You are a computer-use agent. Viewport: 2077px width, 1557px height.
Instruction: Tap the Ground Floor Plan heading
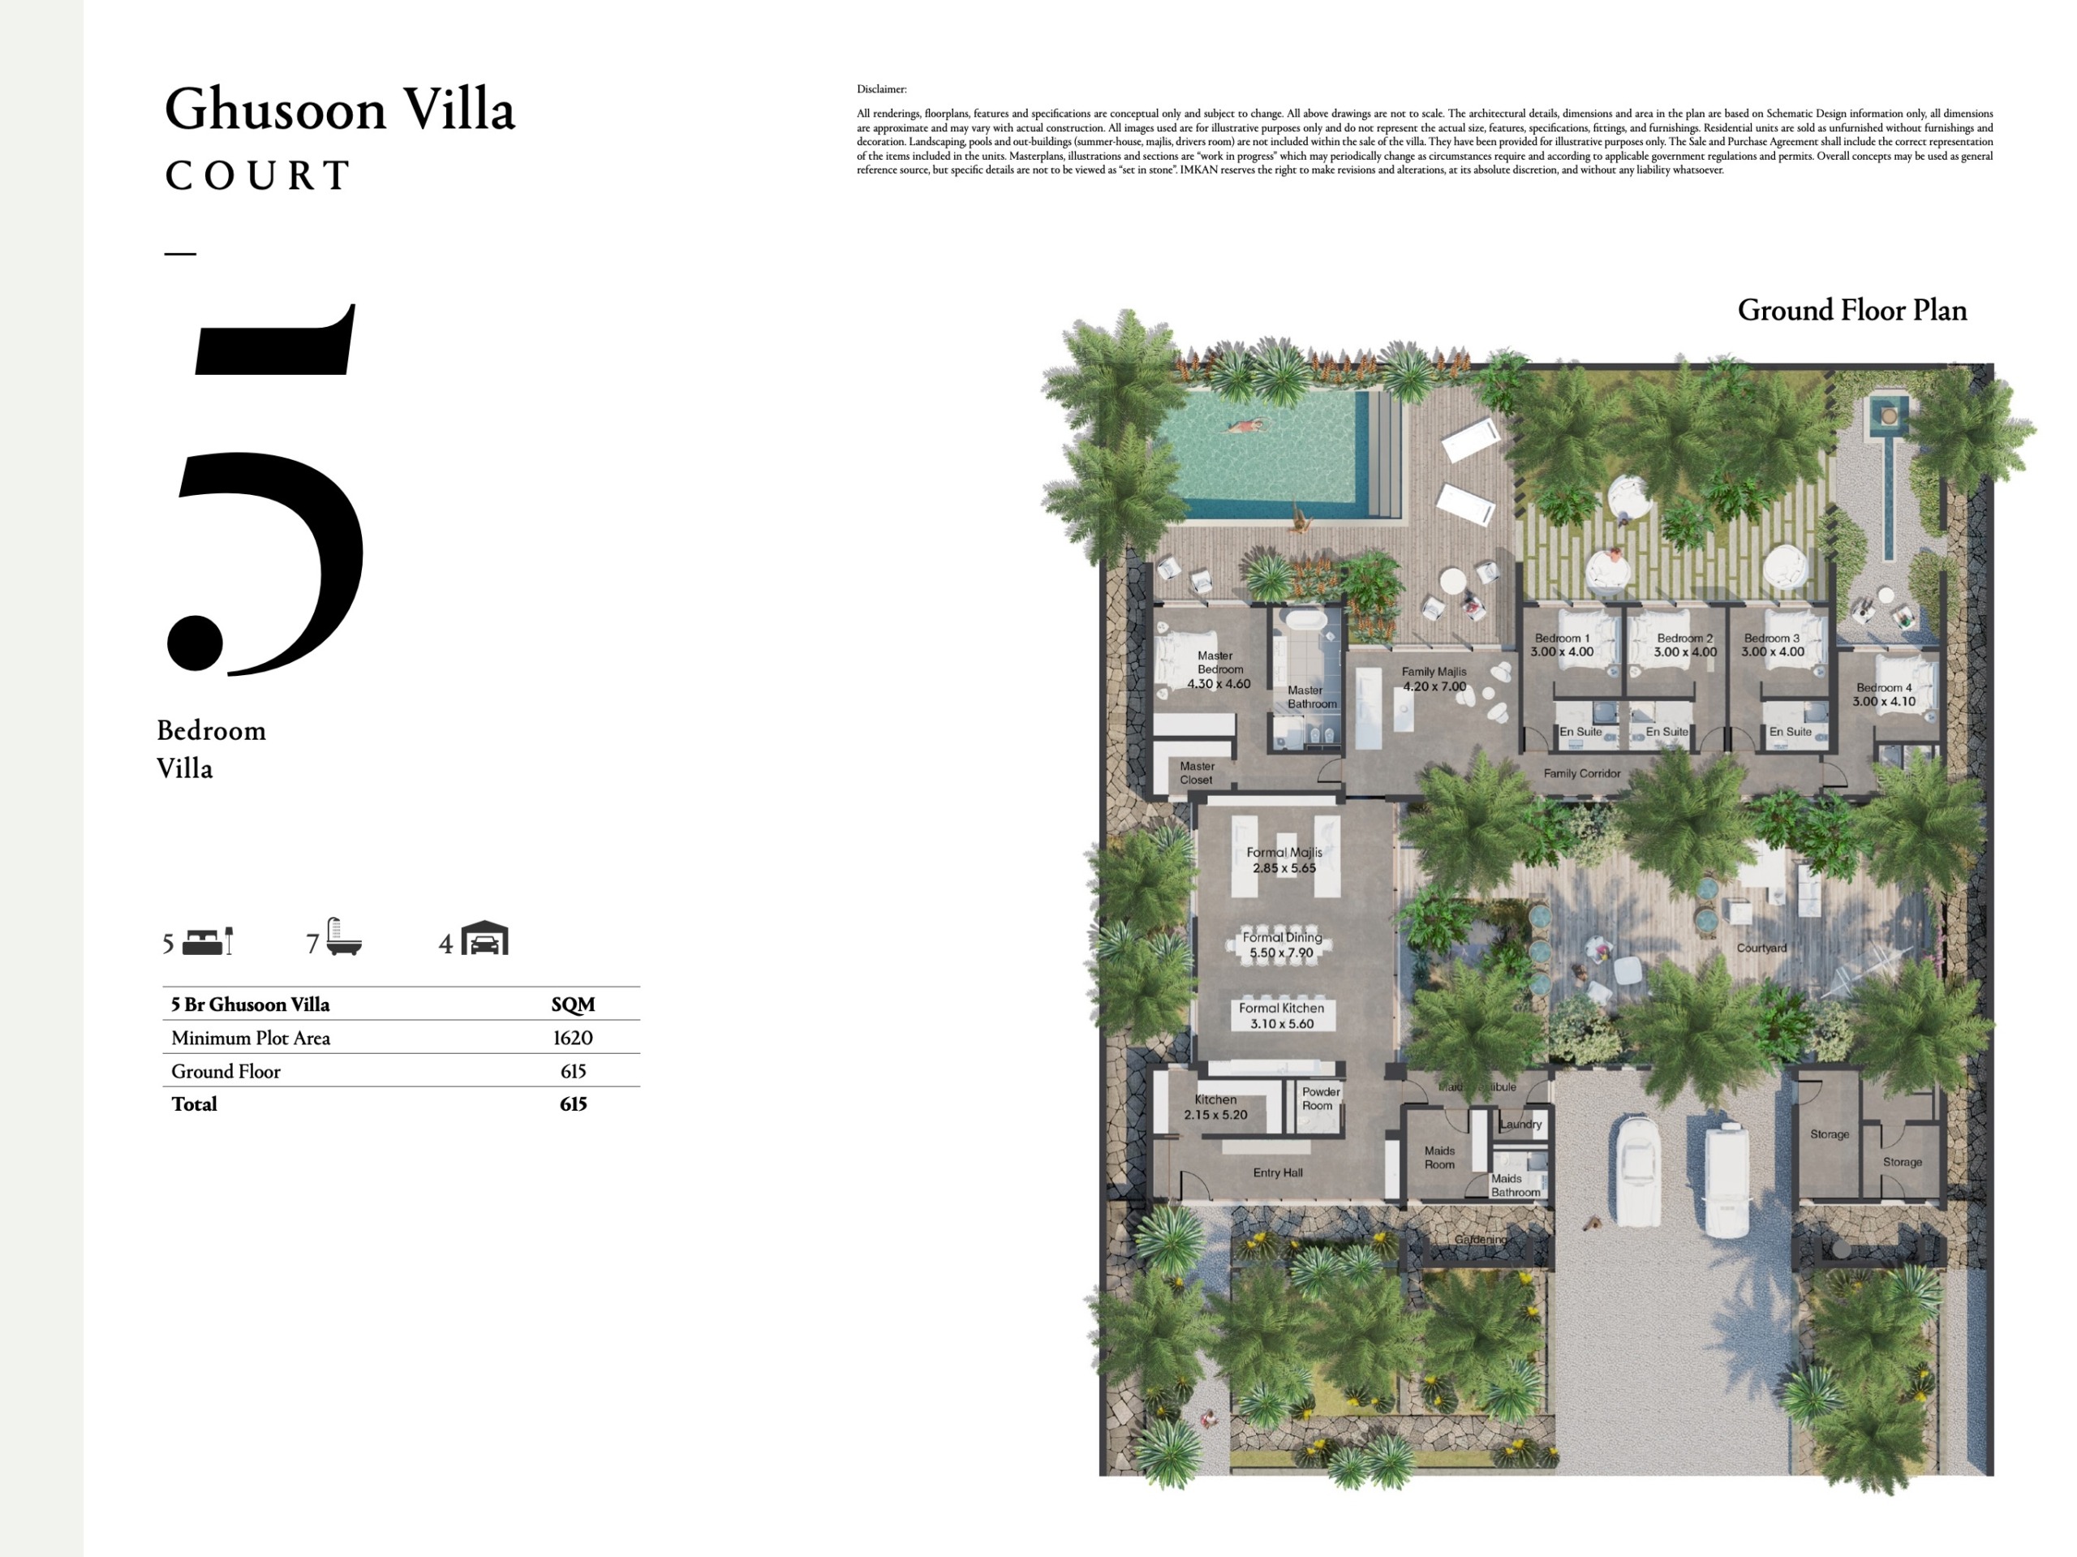[1851, 311]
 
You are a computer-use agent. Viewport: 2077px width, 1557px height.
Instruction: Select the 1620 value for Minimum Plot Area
[572, 1038]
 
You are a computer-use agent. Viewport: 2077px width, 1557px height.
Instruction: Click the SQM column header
[573, 1004]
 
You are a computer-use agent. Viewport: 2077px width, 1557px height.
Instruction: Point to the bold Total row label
[195, 1104]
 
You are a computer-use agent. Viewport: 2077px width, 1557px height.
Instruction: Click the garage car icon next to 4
[484, 938]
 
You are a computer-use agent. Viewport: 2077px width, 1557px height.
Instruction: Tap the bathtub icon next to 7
[344, 938]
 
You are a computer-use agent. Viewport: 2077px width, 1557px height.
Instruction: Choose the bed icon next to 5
[208, 941]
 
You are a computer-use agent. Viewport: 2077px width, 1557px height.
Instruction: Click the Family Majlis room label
[1434, 679]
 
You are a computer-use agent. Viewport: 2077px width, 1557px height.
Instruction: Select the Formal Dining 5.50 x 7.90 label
[1282, 944]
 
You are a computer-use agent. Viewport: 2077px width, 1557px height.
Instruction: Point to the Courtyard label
[1761, 948]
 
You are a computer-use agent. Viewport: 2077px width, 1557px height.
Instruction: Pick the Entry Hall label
[1278, 1173]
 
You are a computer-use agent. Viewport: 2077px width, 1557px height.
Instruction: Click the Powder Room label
[1320, 1099]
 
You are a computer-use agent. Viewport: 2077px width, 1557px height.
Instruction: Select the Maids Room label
[1439, 1158]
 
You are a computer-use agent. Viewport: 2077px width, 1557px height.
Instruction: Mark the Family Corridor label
[1582, 774]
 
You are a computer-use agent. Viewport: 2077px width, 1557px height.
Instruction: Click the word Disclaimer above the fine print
[882, 89]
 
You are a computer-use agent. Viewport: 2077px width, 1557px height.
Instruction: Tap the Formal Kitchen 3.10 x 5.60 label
[1282, 1016]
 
